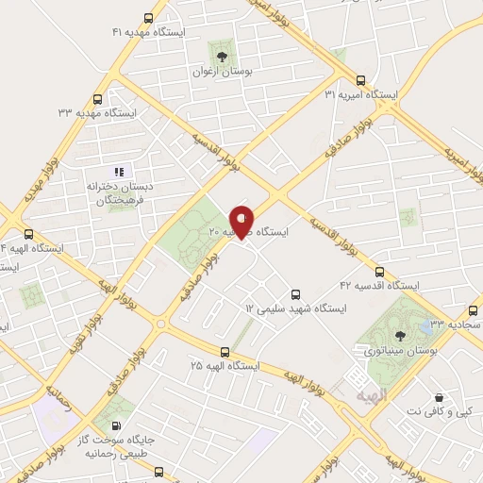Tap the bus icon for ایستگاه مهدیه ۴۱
(148, 18)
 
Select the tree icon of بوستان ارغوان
(224, 48)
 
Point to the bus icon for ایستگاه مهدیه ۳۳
(99, 99)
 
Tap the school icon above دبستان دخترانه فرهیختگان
(119, 171)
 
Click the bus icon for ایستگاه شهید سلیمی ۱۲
(295, 294)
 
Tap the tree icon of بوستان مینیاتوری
(399, 332)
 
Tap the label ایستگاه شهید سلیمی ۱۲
(295, 308)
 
